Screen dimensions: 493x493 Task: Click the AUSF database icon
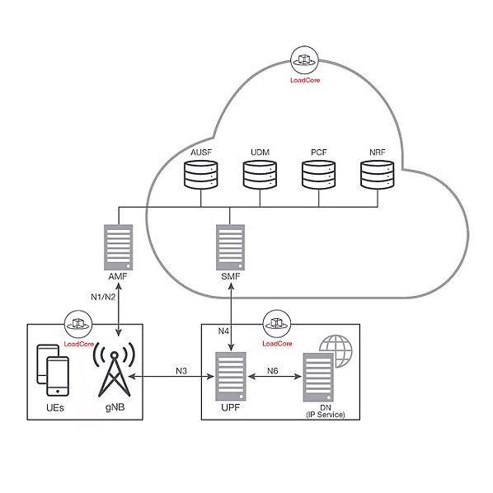[199, 174]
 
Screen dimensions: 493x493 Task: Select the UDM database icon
[259, 174]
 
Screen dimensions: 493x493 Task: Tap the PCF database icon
[318, 174]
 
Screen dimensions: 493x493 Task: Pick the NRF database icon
[378, 174]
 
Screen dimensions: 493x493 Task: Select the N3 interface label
[184, 370]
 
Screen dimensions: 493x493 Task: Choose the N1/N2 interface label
[102, 296]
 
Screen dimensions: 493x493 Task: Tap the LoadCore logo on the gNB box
[78, 322]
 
